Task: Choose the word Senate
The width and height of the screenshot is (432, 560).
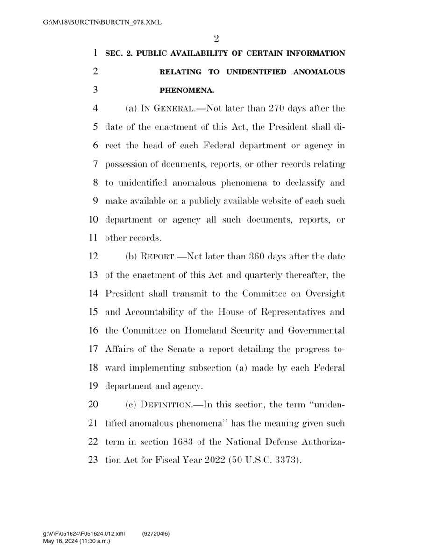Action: (x=191, y=349)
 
